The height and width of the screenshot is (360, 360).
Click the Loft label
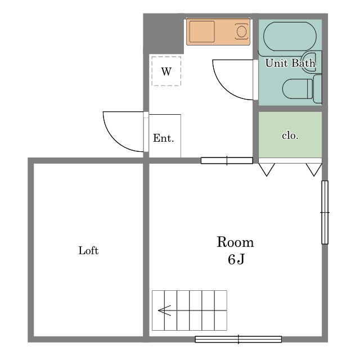(x=88, y=250)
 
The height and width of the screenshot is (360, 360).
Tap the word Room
(x=235, y=242)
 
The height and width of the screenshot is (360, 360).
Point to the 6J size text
(x=236, y=259)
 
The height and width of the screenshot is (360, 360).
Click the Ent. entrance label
(x=163, y=138)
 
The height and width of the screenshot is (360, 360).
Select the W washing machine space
(x=166, y=71)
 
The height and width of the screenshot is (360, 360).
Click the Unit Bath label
(x=290, y=63)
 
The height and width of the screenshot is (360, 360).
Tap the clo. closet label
(x=290, y=136)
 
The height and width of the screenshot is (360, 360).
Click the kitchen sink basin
(x=202, y=31)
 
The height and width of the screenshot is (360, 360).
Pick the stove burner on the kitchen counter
(x=241, y=31)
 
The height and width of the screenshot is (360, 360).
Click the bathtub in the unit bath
(x=290, y=36)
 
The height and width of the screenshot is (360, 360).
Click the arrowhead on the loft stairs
(x=164, y=310)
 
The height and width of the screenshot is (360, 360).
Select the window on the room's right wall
(x=325, y=213)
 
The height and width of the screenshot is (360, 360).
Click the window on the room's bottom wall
(x=238, y=339)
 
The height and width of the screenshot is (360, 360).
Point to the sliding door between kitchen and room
(x=227, y=160)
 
